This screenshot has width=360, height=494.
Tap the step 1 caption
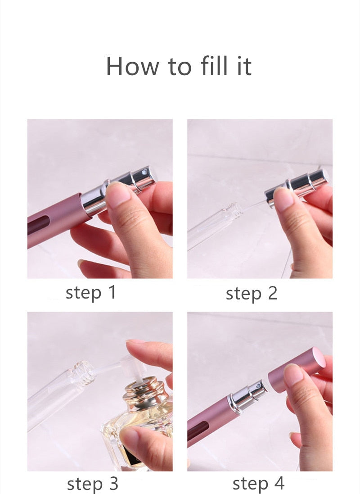(91, 293)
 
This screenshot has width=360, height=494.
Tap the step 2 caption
(252, 294)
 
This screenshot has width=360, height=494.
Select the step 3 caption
(92, 484)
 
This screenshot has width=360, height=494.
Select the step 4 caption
(258, 484)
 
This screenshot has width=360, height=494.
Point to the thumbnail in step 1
(118, 195)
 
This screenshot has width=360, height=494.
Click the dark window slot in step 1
(39, 224)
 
